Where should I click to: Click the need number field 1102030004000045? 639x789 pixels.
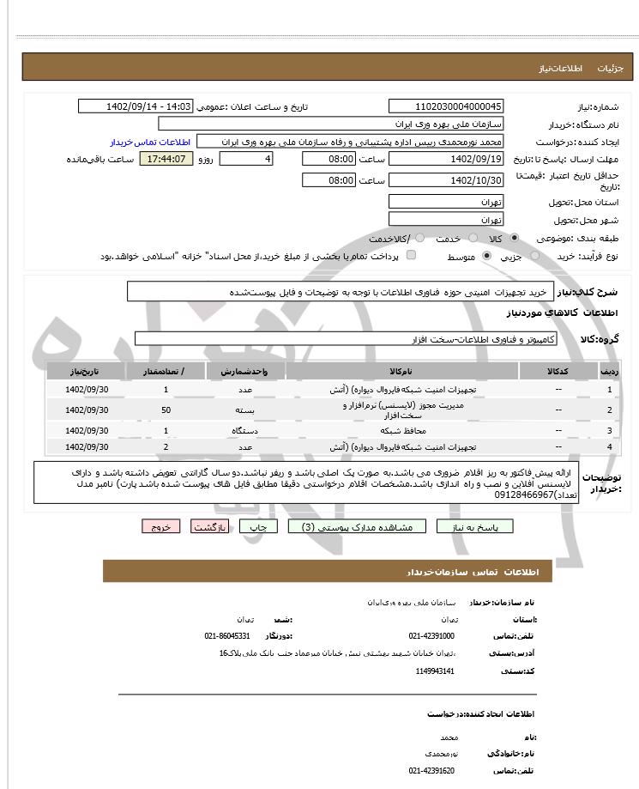click(x=446, y=106)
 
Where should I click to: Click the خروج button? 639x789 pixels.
click(x=162, y=526)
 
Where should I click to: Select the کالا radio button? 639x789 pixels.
click(x=514, y=238)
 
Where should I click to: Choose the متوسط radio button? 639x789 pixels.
click(x=486, y=256)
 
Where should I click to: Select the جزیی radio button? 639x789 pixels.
click(x=536, y=256)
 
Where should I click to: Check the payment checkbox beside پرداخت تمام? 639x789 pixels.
click(x=411, y=256)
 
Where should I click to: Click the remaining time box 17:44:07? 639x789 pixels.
click(x=166, y=159)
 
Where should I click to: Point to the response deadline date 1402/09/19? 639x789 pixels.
click(x=446, y=159)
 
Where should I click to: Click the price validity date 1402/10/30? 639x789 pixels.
click(x=446, y=180)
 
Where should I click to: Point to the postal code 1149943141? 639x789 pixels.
click(x=433, y=671)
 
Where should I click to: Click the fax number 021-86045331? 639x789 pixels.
click(x=227, y=636)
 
